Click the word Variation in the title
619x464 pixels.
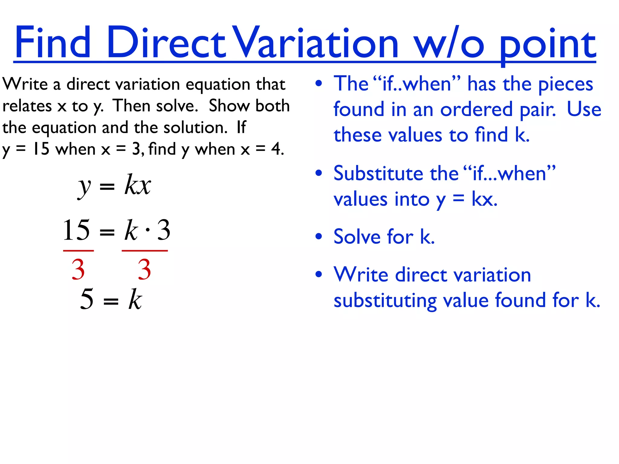tap(316, 42)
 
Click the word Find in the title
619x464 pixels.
tap(53, 42)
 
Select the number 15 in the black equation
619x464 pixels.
tap(76, 230)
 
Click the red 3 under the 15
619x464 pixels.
tap(78, 269)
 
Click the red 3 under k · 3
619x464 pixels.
tap(144, 269)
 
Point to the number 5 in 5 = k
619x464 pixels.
tap(87, 299)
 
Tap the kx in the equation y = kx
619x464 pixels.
tap(138, 185)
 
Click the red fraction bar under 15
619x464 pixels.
tap(78, 250)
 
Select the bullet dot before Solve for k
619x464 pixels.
tap(319, 236)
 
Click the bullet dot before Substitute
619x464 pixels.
tap(319, 173)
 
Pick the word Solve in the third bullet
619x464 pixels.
tap(356, 237)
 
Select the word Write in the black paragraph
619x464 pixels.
tap(25, 84)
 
